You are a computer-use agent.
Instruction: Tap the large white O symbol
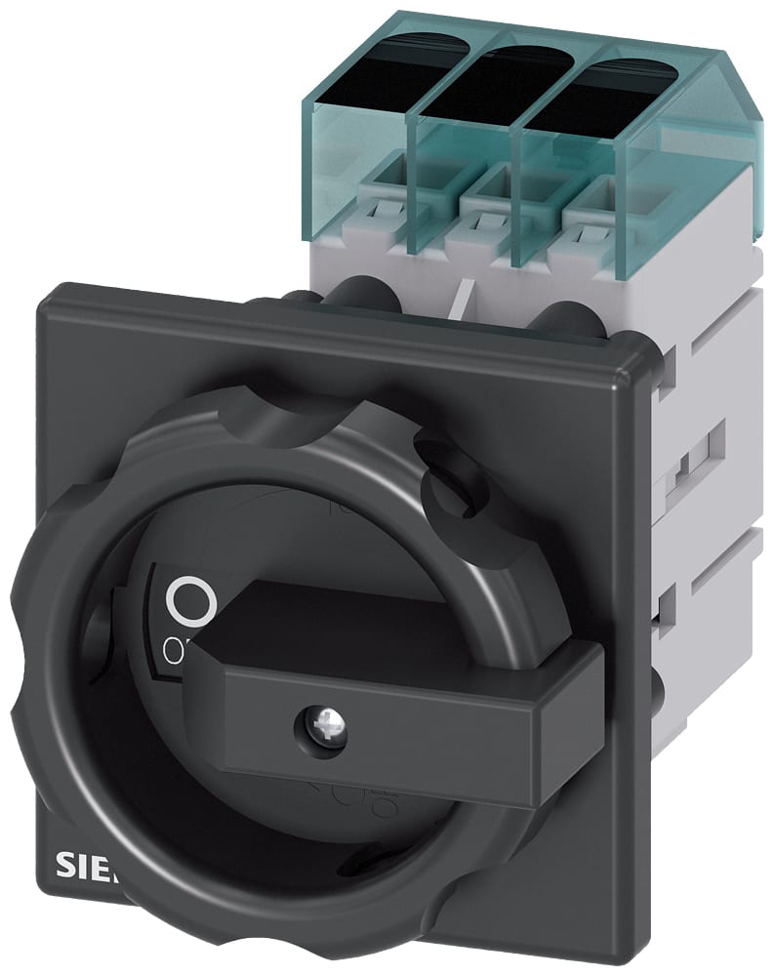click(x=188, y=601)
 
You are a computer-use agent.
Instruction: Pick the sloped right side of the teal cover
click(x=683, y=127)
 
